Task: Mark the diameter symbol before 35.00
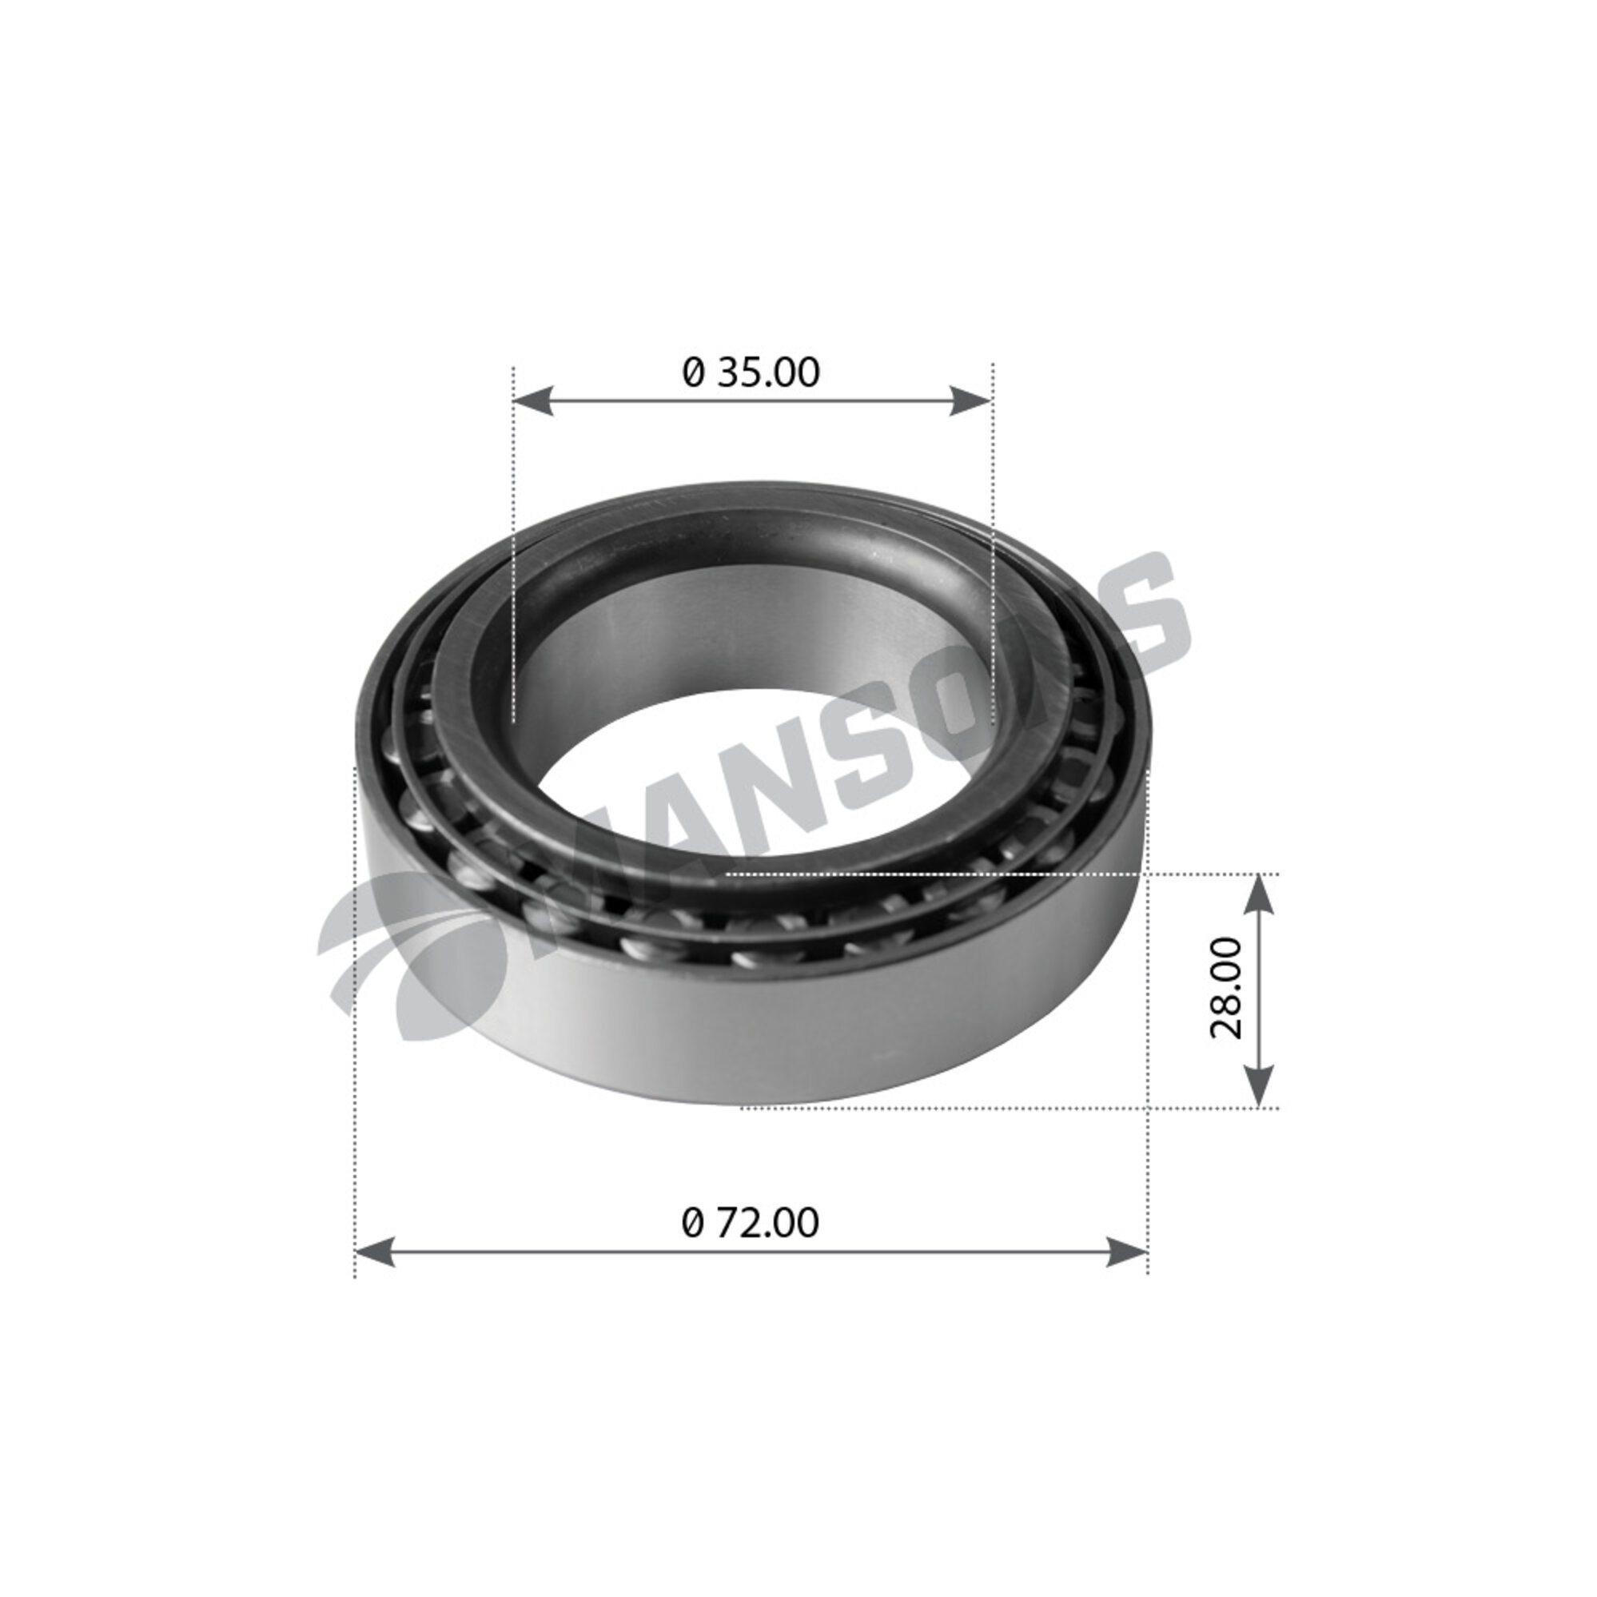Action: [x=694, y=373]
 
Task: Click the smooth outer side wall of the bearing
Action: [x=744, y=1025]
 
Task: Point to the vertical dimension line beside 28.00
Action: [x=1257, y=992]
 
